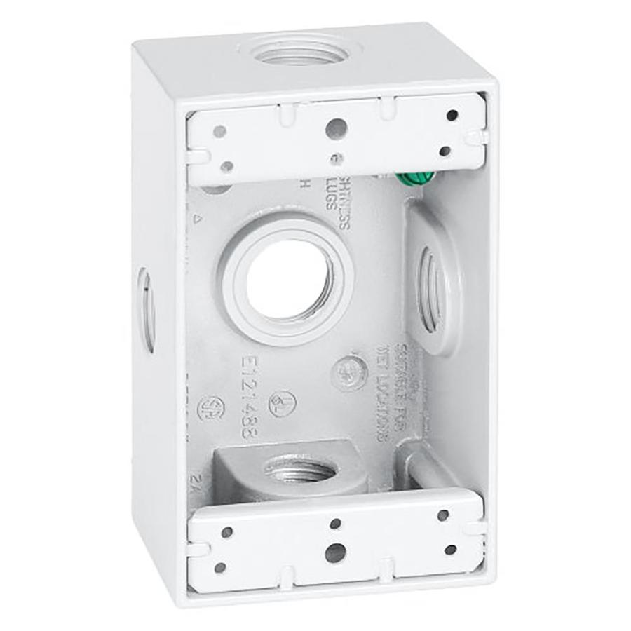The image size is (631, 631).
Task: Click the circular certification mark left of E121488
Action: coord(210,409)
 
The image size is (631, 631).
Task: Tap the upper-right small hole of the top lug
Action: coord(452,114)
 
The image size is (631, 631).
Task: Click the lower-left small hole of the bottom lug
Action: coord(220,567)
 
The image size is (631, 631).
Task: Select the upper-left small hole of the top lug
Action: coord(221,131)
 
